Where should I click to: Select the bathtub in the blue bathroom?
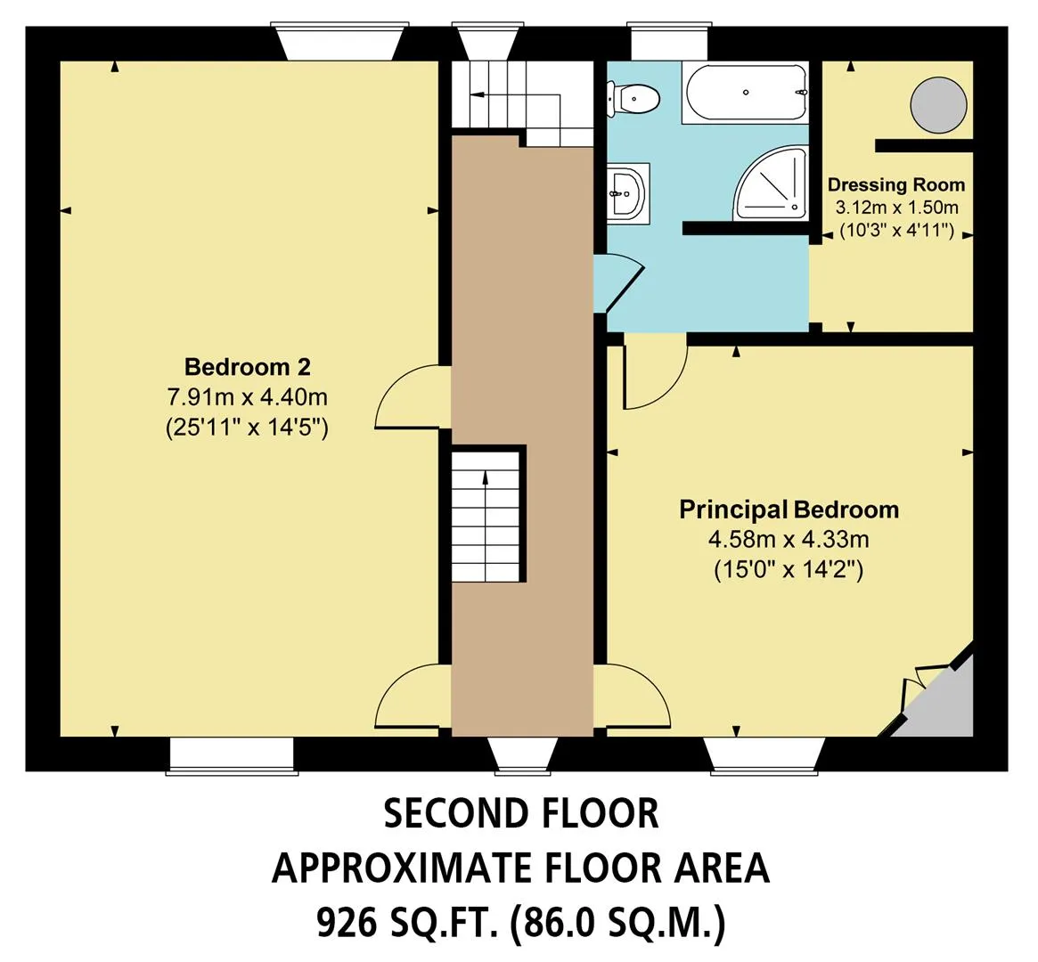(746, 93)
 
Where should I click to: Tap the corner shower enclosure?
(772, 183)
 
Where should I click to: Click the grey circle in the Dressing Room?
(938, 104)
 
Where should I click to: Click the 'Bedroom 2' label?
(247, 366)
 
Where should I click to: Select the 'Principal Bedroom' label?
(789, 510)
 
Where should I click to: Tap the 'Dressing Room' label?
(895, 184)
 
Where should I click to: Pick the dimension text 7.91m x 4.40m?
(247, 397)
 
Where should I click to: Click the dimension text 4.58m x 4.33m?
(789, 539)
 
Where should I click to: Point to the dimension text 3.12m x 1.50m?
(896, 208)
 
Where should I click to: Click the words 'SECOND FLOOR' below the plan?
(521, 814)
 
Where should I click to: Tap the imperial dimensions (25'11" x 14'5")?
(247, 428)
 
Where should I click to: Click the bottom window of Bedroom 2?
(232, 754)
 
